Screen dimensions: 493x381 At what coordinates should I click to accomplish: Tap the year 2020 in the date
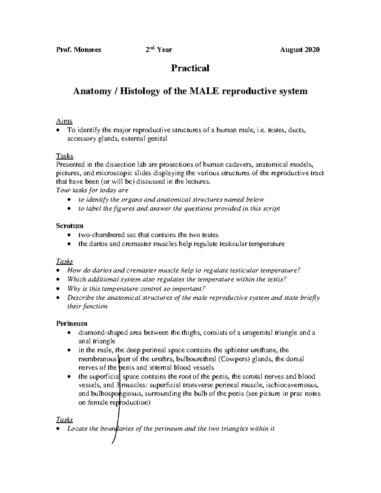point(312,50)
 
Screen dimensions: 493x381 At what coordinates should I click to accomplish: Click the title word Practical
point(190,68)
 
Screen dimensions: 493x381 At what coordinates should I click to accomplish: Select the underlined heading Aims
point(64,121)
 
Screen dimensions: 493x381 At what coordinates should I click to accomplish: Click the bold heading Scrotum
point(70,226)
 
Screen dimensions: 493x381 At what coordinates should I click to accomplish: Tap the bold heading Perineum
point(71,323)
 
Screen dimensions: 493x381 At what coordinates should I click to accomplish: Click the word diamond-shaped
point(101,333)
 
